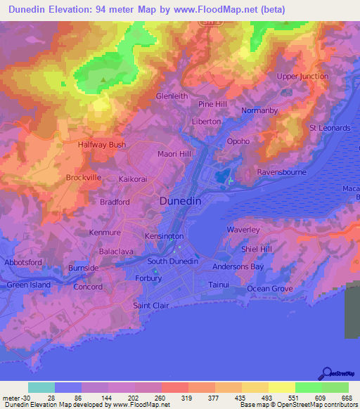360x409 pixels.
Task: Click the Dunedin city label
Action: point(181,200)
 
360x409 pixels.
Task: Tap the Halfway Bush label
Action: point(102,145)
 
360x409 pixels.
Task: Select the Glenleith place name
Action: point(172,96)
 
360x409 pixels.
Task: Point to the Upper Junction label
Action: point(302,76)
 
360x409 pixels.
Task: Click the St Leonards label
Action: point(330,128)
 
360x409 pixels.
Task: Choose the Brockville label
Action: point(84,178)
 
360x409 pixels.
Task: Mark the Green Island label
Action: point(28,285)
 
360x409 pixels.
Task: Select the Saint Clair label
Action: point(150,306)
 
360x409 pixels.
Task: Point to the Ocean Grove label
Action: point(269,289)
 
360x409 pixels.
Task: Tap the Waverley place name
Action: point(243,230)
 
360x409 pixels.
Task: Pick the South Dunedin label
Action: point(173,262)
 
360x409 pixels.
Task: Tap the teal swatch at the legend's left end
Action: point(41,387)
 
